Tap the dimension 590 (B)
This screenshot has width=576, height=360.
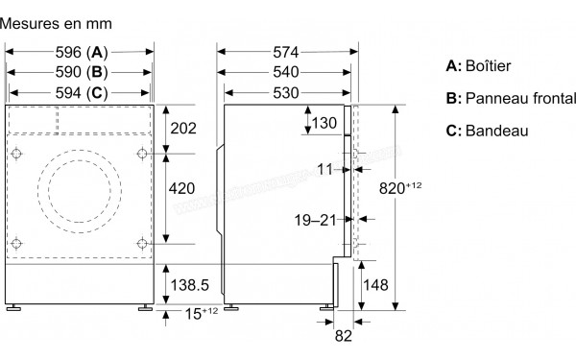click(x=80, y=72)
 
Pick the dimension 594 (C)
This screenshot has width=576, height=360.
click(x=80, y=91)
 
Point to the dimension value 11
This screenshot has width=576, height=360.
click(x=324, y=169)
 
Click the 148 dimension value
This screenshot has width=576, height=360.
click(x=377, y=284)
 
